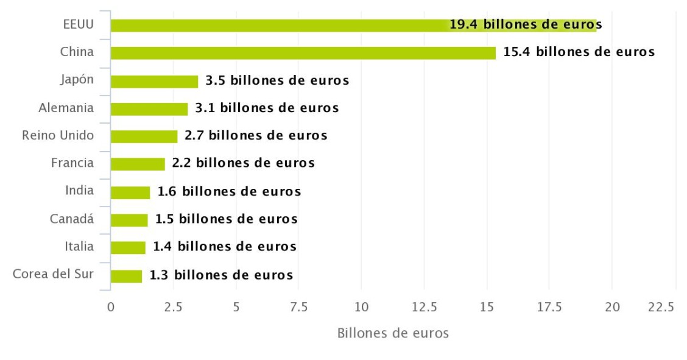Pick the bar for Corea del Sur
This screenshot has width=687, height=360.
(x=126, y=275)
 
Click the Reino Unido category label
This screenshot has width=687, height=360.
(x=58, y=135)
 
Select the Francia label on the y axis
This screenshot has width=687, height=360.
(x=72, y=163)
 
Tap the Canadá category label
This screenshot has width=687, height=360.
(x=72, y=218)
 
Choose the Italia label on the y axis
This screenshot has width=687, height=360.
(x=79, y=246)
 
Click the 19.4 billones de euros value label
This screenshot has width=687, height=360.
(x=526, y=25)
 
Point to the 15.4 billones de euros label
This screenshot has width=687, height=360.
(x=579, y=52)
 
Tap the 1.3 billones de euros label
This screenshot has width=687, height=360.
(x=221, y=275)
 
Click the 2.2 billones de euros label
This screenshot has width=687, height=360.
(x=243, y=163)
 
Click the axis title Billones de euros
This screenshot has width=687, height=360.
(x=393, y=333)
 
